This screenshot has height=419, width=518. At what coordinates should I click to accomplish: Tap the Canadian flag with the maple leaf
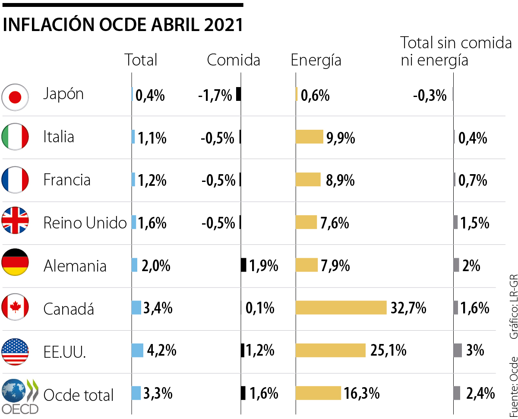[15, 307]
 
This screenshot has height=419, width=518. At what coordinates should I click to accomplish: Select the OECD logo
[20, 396]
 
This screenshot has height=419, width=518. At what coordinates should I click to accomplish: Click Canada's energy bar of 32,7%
[341, 307]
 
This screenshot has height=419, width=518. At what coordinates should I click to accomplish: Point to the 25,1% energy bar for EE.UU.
[331, 350]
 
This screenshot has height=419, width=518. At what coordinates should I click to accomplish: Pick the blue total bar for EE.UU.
[137, 350]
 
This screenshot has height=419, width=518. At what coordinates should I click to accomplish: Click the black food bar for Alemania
[243, 265]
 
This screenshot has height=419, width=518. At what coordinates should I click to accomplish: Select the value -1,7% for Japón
[215, 95]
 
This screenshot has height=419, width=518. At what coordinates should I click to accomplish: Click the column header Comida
[234, 60]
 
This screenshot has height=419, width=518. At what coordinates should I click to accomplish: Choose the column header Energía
[316, 60]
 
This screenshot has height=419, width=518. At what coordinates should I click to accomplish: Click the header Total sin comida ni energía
[456, 51]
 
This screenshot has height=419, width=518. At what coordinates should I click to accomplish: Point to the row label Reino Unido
[85, 223]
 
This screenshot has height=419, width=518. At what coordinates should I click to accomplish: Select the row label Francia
[67, 180]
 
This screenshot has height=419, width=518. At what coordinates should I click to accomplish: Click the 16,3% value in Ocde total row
[362, 393]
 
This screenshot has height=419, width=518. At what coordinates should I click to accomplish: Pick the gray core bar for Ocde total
[457, 393]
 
